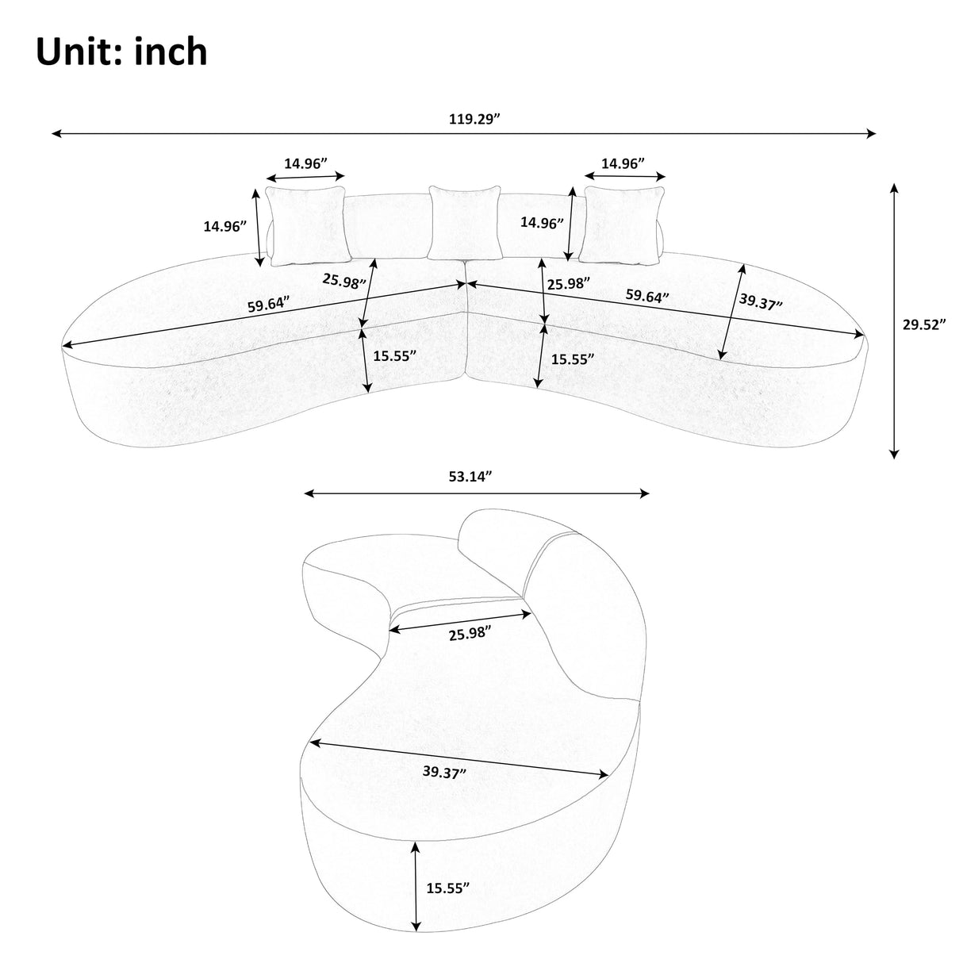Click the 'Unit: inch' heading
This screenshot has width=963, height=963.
(121, 52)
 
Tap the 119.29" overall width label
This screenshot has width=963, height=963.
(474, 120)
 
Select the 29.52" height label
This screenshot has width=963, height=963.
(924, 324)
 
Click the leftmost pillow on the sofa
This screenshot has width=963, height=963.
(307, 224)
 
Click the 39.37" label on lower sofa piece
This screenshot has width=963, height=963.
(444, 772)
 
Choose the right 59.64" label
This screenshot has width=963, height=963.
(646, 296)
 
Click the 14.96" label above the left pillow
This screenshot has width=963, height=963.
(306, 164)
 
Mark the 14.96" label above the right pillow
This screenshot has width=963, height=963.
(622, 163)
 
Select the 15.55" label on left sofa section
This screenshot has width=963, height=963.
(395, 356)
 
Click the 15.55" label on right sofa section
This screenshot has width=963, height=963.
(573, 359)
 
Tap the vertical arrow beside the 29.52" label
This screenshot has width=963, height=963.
(894, 320)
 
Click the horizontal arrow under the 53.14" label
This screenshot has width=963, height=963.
(477, 493)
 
